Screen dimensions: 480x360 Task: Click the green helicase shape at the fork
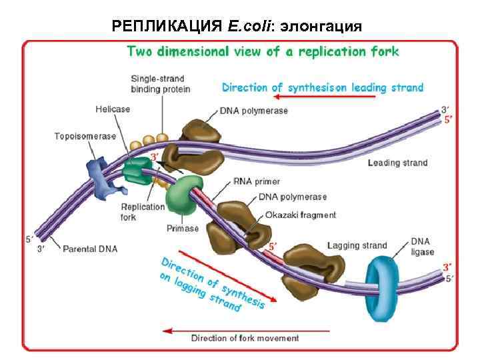coord(138,171)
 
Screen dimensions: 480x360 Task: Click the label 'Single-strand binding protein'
coord(160,84)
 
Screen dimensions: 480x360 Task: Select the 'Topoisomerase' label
coord(85,136)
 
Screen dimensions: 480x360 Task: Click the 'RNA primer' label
coord(257,181)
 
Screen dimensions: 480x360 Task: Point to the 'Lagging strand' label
coord(357,245)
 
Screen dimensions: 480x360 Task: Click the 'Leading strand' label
coord(397,163)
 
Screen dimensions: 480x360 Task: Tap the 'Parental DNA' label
coord(90,249)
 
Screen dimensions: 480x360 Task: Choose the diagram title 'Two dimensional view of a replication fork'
coord(263,51)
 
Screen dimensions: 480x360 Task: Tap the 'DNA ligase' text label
coord(422,246)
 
